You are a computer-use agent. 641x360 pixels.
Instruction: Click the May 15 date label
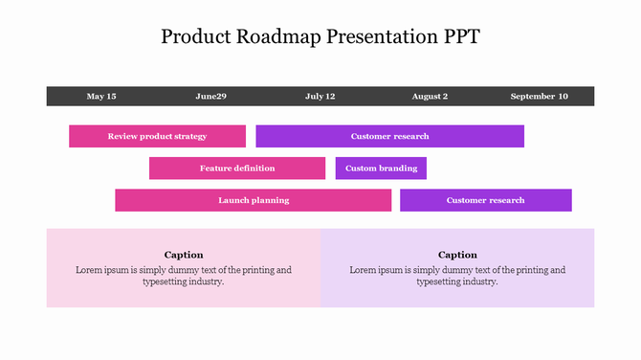(x=101, y=97)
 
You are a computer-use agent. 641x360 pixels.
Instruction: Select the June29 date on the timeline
(x=211, y=97)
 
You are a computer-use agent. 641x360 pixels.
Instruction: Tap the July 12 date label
(x=320, y=97)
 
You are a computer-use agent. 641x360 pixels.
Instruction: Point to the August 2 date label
(x=430, y=97)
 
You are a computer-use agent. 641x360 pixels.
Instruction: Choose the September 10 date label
(x=539, y=97)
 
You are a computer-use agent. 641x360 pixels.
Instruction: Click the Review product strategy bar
(x=157, y=136)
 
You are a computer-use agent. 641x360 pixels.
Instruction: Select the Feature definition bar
(x=237, y=169)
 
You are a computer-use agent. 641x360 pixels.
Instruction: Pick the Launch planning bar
(x=254, y=200)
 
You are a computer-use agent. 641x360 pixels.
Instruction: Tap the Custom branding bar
(x=381, y=169)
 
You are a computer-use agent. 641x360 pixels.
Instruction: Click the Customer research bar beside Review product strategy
(x=389, y=136)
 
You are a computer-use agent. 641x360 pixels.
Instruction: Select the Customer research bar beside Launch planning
(x=485, y=200)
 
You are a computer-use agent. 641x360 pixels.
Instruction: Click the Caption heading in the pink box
(x=184, y=255)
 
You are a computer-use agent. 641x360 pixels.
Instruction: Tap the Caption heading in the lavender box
(x=457, y=255)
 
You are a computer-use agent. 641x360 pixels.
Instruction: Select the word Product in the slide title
(x=195, y=37)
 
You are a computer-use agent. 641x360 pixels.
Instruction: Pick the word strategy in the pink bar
(x=188, y=136)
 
